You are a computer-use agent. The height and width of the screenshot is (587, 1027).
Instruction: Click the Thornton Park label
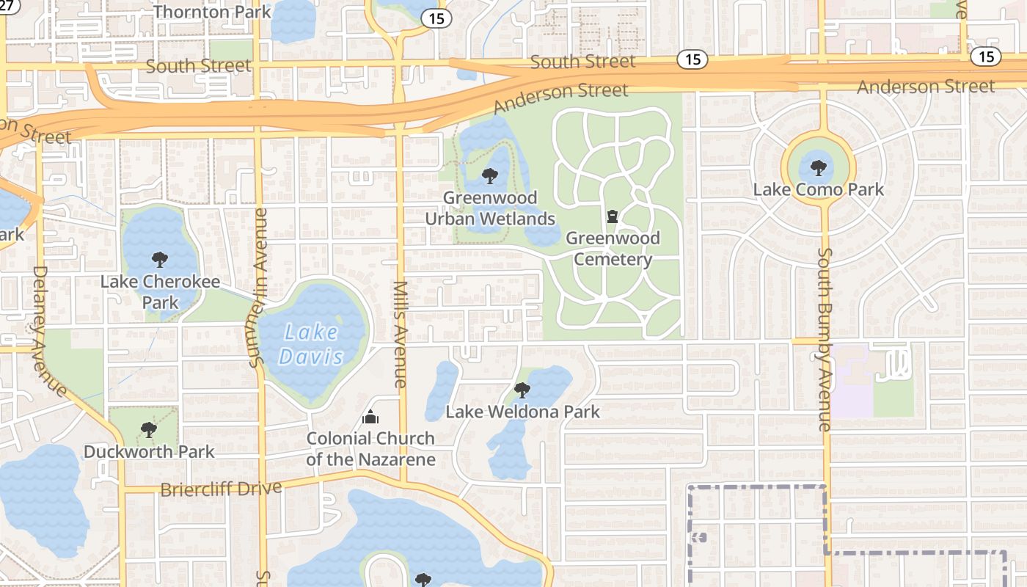point(212,12)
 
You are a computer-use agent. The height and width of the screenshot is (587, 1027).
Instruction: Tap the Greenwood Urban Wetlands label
point(490,208)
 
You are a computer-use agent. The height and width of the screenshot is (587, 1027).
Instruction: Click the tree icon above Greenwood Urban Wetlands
point(489,176)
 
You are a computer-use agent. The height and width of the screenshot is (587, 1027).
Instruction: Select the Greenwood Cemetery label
point(613,249)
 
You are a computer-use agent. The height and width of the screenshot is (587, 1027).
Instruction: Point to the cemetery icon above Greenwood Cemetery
point(613,216)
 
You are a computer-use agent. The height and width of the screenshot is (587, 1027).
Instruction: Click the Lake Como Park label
point(819,189)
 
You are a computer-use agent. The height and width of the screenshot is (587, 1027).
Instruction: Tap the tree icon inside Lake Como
point(819,167)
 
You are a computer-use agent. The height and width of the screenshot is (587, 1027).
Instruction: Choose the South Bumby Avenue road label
point(825,339)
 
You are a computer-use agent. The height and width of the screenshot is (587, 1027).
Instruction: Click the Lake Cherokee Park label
point(160,292)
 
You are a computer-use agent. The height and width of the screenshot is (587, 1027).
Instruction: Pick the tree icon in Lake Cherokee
point(159,259)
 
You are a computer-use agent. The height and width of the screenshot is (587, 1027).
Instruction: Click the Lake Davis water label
point(312,345)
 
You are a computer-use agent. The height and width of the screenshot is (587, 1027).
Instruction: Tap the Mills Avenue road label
point(401,334)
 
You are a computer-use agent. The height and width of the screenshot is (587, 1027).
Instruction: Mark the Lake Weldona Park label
point(522,412)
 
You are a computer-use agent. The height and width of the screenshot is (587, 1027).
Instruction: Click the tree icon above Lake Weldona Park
point(522,389)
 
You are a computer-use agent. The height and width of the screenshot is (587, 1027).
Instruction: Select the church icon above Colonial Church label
point(370,418)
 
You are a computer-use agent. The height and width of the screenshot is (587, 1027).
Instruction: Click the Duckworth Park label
point(149,451)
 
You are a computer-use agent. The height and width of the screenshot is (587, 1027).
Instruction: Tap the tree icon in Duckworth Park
point(149,429)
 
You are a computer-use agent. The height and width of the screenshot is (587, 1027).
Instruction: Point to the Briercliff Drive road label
point(221,489)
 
